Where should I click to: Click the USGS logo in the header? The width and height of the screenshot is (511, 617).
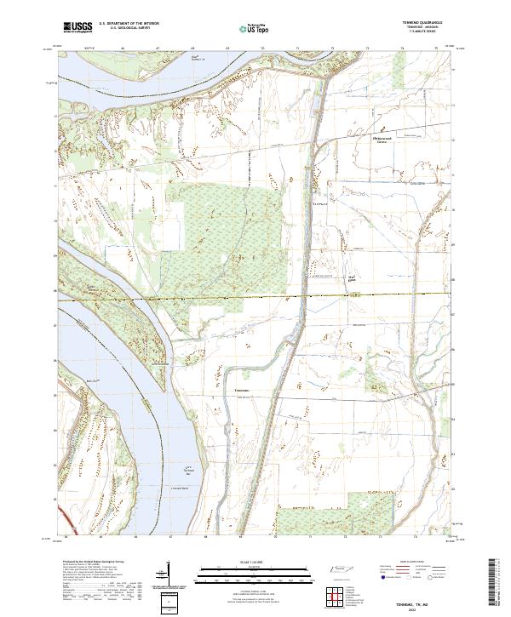tap(78, 27)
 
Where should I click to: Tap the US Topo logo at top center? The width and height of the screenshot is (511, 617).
tap(255, 28)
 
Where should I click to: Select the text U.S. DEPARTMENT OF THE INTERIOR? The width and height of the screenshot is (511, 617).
tap(129, 24)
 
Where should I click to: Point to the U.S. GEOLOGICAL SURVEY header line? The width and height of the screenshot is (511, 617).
tap(129, 29)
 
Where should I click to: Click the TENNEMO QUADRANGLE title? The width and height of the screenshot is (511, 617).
tap(422, 24)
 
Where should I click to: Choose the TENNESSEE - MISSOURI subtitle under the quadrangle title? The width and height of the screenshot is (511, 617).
tap(422, 30)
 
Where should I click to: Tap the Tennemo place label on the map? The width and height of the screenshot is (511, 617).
tap(241, 391)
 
